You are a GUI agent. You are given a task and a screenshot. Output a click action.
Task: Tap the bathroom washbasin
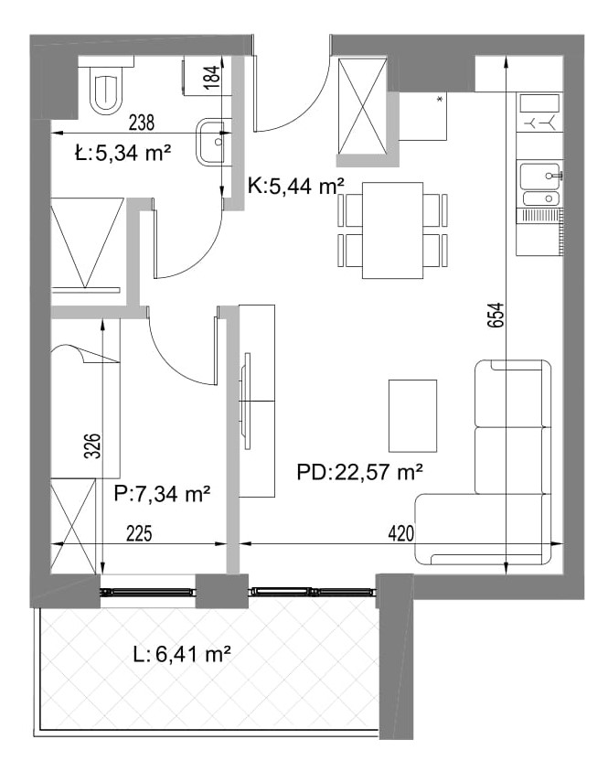point(212,143)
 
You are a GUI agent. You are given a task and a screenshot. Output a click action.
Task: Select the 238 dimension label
point(142,123)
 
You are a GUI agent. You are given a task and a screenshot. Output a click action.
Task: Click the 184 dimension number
point(212,77)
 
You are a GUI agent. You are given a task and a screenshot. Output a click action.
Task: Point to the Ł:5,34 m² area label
point(123,154)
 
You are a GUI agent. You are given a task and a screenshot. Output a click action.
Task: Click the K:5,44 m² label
point(296,185)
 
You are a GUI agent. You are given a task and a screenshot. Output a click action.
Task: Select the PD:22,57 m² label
point(360,471)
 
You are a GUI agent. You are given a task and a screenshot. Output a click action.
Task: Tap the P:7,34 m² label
point(162,494)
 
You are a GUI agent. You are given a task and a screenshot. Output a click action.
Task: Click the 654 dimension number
point(496,316)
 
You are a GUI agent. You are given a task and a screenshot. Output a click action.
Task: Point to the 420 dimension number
point(401,533)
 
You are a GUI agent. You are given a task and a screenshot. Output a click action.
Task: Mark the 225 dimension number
point(139,533)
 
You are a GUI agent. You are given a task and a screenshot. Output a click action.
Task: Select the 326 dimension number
point(92,445)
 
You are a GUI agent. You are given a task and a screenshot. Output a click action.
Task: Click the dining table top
point(392,230)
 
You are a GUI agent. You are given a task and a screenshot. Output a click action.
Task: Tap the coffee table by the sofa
point(412,415)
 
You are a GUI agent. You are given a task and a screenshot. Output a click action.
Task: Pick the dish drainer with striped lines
point(539,216)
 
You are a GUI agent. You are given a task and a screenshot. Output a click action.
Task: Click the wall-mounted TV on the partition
point(246,401)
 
